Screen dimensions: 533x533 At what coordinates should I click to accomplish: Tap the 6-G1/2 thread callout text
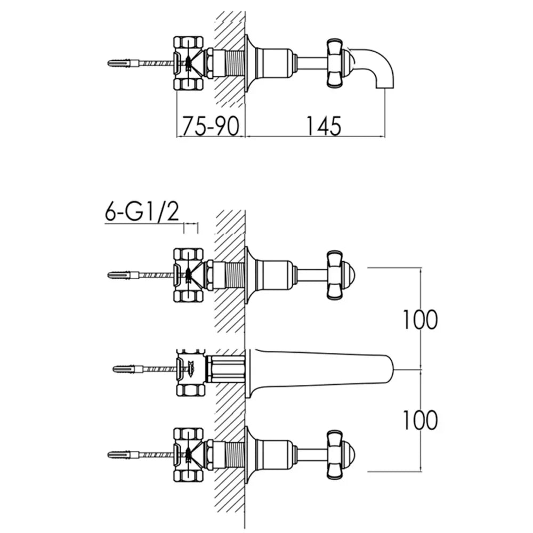(x=141, y=213)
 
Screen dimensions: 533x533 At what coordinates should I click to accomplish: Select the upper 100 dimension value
(x=420, y=319)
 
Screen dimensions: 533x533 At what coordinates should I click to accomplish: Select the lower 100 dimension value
(x=420, y=420)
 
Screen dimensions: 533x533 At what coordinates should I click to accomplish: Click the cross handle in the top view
(x=335, y=63)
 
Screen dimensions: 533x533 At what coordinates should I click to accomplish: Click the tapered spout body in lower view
(x=320, y=368)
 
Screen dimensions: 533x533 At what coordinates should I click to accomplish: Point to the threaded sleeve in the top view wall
(x=229, y=63)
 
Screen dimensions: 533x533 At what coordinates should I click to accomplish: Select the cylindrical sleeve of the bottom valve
(x=275, y=454)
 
